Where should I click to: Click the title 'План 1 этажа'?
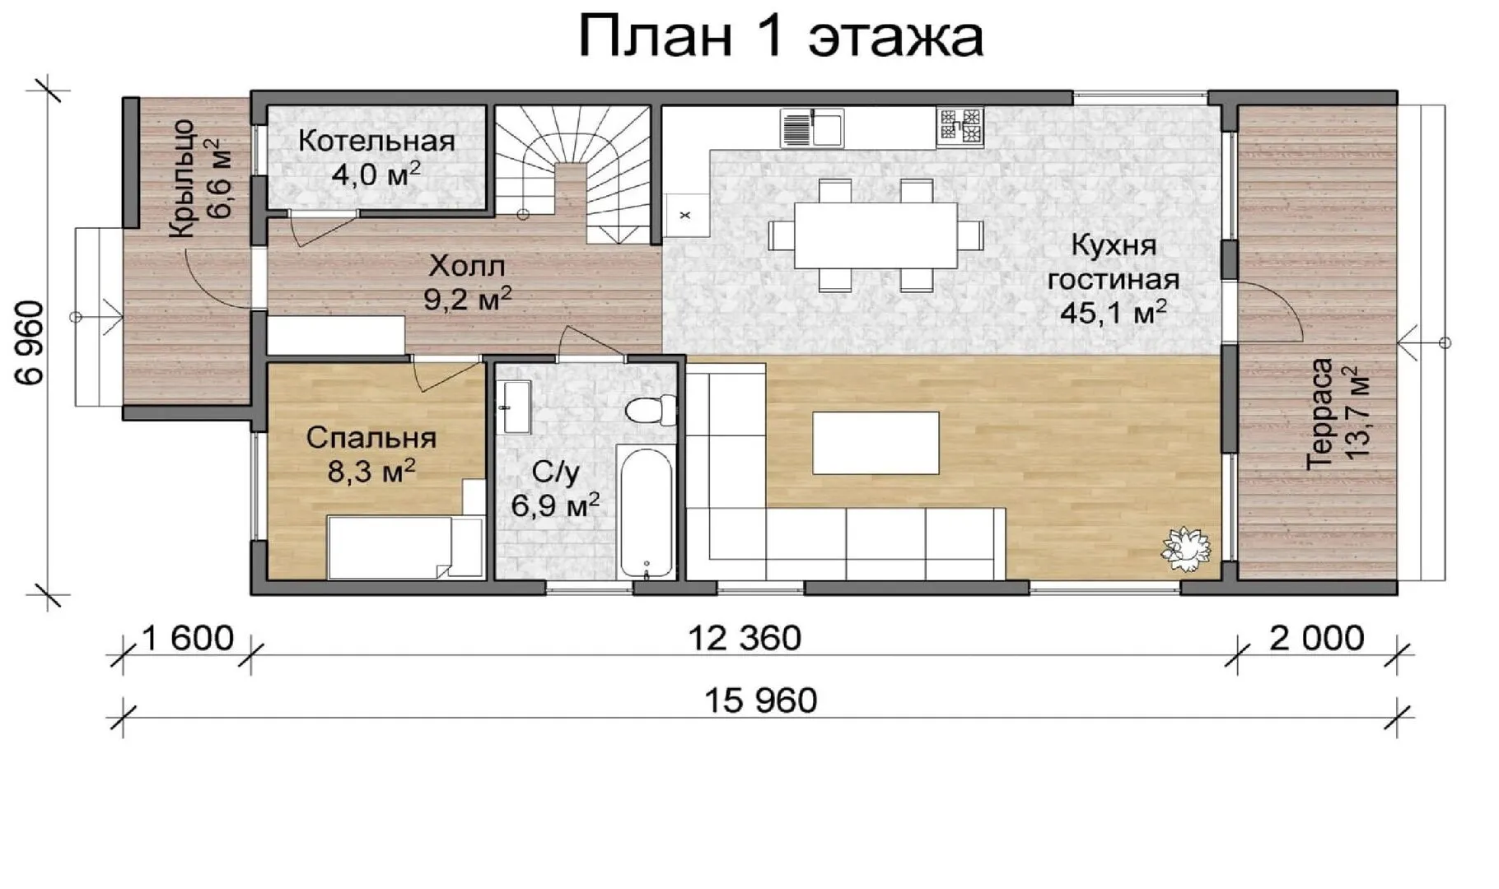781,36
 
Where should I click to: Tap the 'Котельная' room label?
376,141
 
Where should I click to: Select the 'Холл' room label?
467,266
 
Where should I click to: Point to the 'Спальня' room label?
371,437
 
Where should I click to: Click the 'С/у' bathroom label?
556,472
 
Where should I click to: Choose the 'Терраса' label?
1320,414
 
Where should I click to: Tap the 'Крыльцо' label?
182,179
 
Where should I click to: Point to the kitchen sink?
812,128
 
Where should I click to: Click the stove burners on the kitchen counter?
960,128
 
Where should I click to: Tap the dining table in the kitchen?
876,235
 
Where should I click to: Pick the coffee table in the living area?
876,443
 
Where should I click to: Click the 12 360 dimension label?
745,638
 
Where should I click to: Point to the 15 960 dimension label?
760,700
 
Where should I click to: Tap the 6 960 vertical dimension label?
30,342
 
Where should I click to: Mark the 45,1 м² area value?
1113,312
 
